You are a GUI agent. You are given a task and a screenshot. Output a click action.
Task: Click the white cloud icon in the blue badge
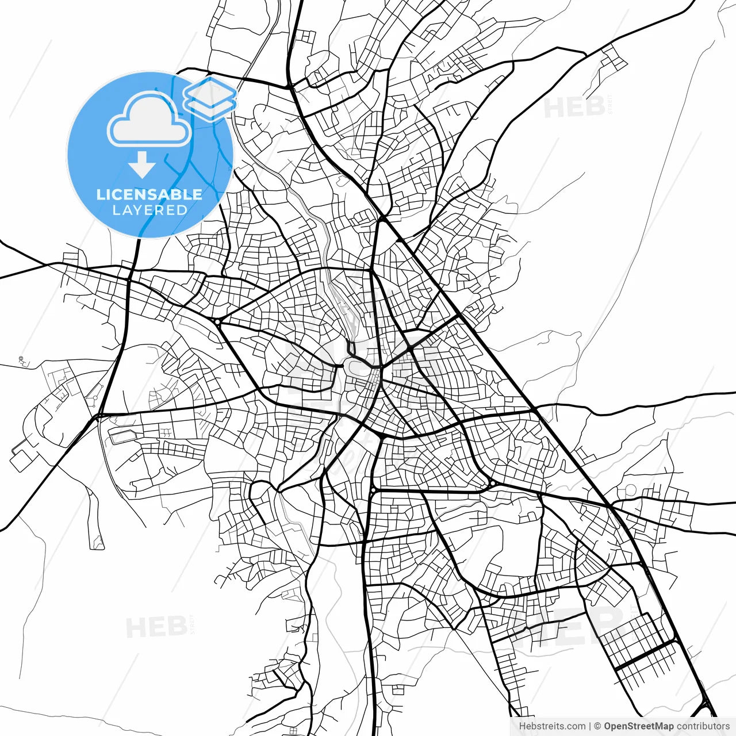click(149, 121)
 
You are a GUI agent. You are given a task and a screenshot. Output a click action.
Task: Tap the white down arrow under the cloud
click(141, 164)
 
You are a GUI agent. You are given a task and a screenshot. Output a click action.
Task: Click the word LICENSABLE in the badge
click(149, 194)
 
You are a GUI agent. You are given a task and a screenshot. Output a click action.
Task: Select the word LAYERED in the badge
click(149, 210)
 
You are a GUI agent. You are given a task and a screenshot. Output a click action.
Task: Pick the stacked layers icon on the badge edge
click(210, 98)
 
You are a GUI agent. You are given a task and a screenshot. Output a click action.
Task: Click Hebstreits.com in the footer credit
click(552, 726)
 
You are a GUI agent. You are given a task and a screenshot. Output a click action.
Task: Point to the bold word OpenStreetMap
click(638, 726)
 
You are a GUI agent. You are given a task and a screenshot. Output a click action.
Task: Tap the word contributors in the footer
click(703, 726)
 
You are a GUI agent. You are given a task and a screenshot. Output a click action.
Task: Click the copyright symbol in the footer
click(597, 726)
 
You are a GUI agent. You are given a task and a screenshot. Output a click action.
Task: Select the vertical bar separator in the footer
click(590, 726)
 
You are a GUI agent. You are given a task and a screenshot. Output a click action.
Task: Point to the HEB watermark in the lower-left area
click(156, 627)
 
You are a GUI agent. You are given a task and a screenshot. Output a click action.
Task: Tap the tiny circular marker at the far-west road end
click(21, 360)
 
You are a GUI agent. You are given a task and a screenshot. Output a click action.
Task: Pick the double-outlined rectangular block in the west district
click(124, 435)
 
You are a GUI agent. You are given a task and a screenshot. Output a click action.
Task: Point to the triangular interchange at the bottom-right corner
click(705, 708)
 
